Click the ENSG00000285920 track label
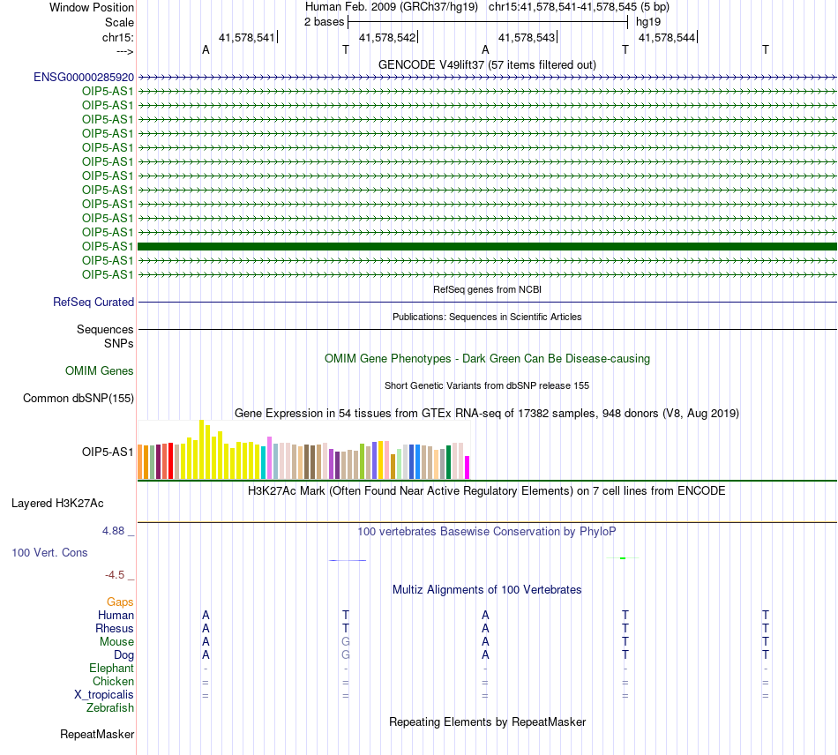tap(84, 78)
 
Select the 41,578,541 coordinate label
tap(246, 37)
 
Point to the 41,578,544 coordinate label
tap(667, 37)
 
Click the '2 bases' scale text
tap(324, 22)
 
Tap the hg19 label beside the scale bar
tap(648, 22)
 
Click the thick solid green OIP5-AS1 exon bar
tap(487, 246)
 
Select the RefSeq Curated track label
tap(94, 302)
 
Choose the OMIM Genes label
tap(100, 370)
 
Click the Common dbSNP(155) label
tap(79, 398)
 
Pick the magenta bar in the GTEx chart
tap(468, 467)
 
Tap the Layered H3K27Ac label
tap(57, 504)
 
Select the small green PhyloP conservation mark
tap(623, 558)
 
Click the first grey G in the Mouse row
tap(346, 641)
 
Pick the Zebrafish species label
tap(110, 708)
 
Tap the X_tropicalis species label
tap(104, 695)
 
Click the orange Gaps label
tap(120, 602)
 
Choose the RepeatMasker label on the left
tap(97, 734)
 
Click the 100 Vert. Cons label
tap(49, 552)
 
